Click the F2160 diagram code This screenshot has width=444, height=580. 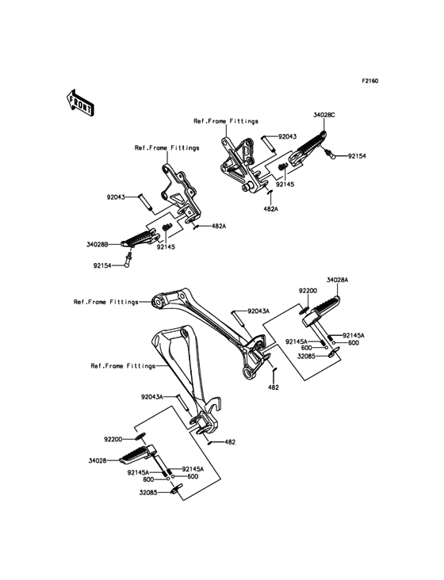click(x=370, y=82)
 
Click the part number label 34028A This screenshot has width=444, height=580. click(x=337, y=280)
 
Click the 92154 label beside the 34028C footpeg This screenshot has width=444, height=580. click(x=357, y=157)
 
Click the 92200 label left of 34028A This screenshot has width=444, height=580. click(x=308, y=291)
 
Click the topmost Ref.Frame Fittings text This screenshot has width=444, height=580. click(x=226, y=121)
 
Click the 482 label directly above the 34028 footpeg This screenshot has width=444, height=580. click(x=230, y=441)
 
